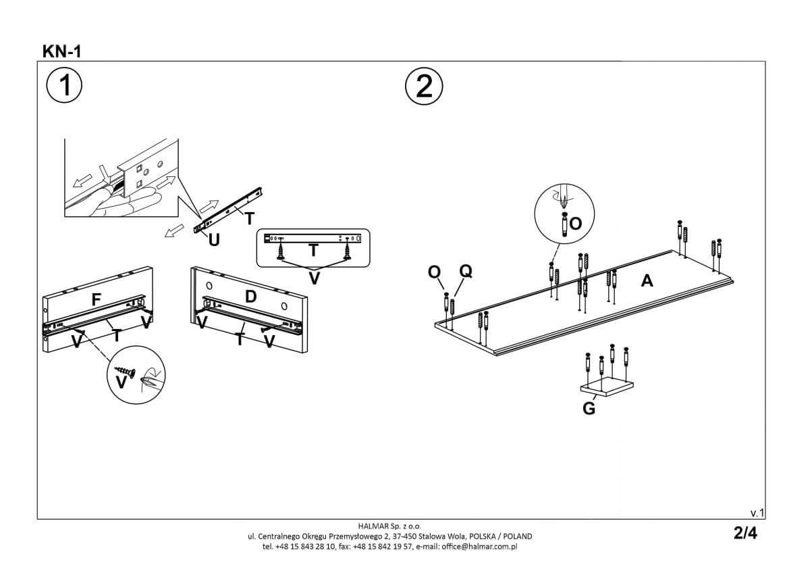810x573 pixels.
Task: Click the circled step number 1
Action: (x=64, y=86)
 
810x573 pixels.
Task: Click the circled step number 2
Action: (x=424, y=86)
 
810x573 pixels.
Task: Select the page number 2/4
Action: (x=745, y=533)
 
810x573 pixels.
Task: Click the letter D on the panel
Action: (x=251, y=296)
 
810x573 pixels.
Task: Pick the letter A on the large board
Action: (x=647, y=280)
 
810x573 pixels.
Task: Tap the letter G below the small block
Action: (x=589, y=409)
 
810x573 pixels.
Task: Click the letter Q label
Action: (x=465, y=272)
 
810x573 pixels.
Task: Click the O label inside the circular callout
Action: (x=576, y=224)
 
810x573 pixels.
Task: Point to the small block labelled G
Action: (x=607, y=387)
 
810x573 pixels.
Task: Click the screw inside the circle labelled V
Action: (x=127, y=371)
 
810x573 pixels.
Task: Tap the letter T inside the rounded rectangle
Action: (x=313, y=251)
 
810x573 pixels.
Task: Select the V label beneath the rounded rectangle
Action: (x=314, y=278)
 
